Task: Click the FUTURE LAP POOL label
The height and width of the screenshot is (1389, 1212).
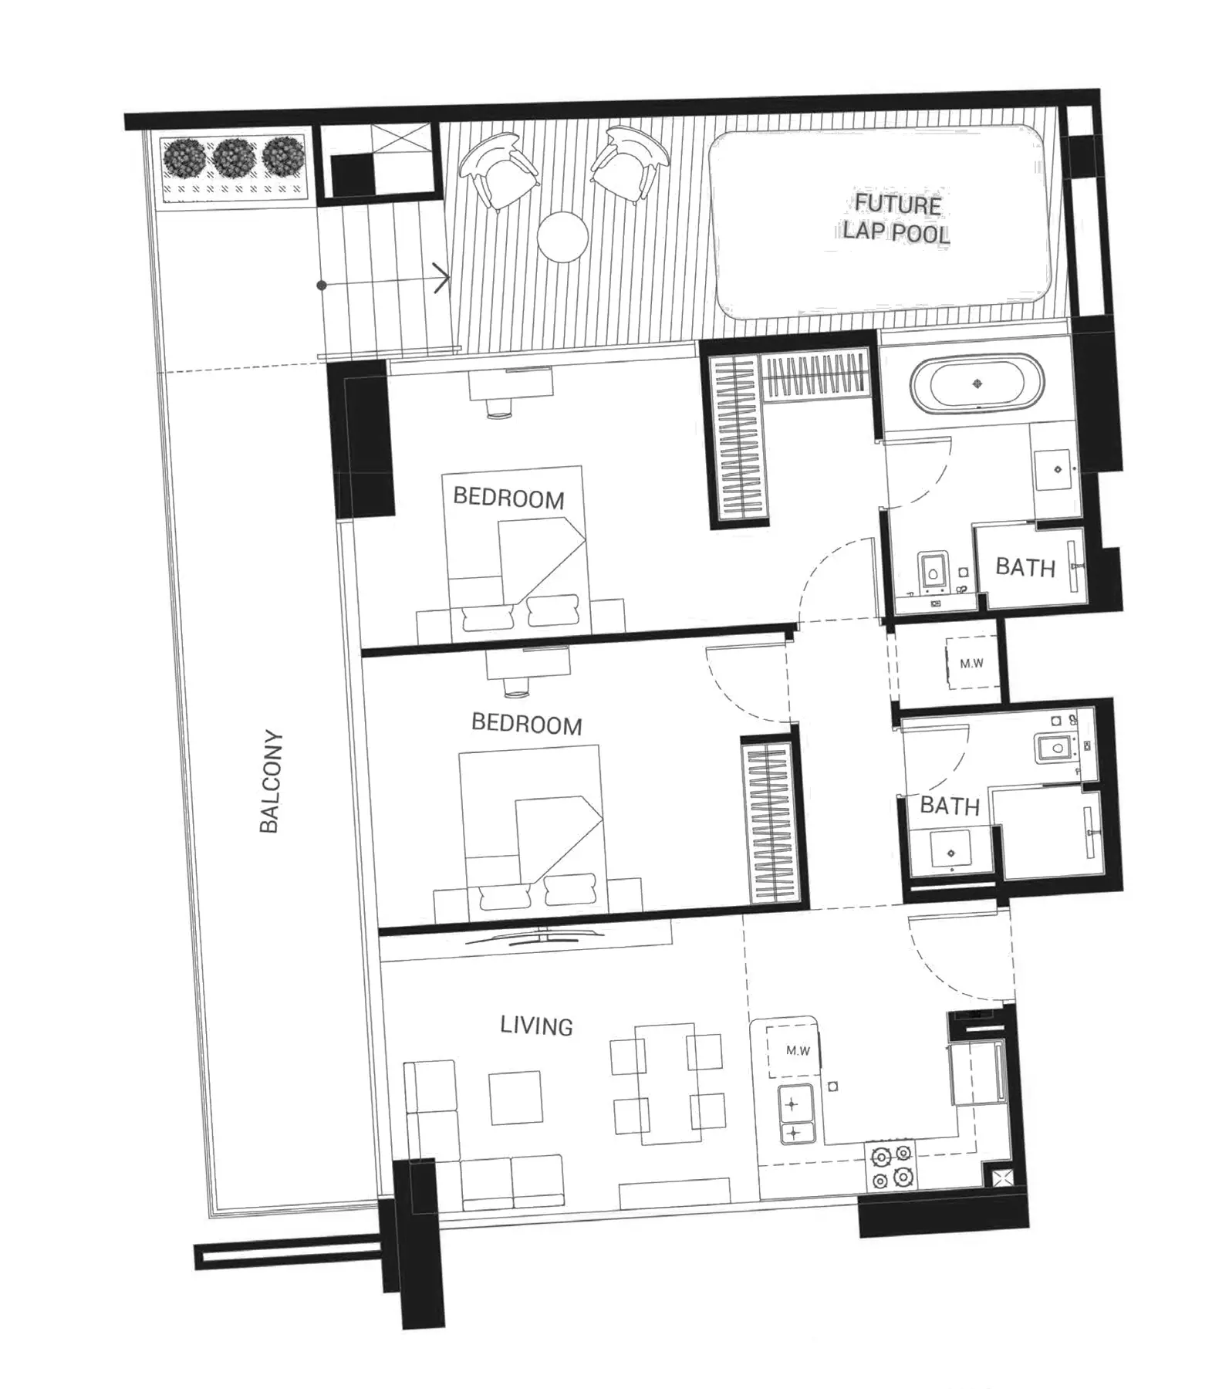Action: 896,219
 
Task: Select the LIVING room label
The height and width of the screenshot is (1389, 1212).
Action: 536,1026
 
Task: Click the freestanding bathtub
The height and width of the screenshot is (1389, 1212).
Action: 977,384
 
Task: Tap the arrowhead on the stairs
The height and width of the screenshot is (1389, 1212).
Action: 442,278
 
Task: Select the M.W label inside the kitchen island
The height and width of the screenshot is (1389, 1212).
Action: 798,1050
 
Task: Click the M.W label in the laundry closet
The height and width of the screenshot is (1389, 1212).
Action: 971,663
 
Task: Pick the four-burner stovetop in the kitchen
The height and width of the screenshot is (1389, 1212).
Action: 891,1167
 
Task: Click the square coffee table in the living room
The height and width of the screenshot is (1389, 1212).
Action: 516,1098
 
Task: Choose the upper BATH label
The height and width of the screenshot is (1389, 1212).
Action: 1025,567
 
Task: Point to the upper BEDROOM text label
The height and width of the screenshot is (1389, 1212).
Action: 508,498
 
